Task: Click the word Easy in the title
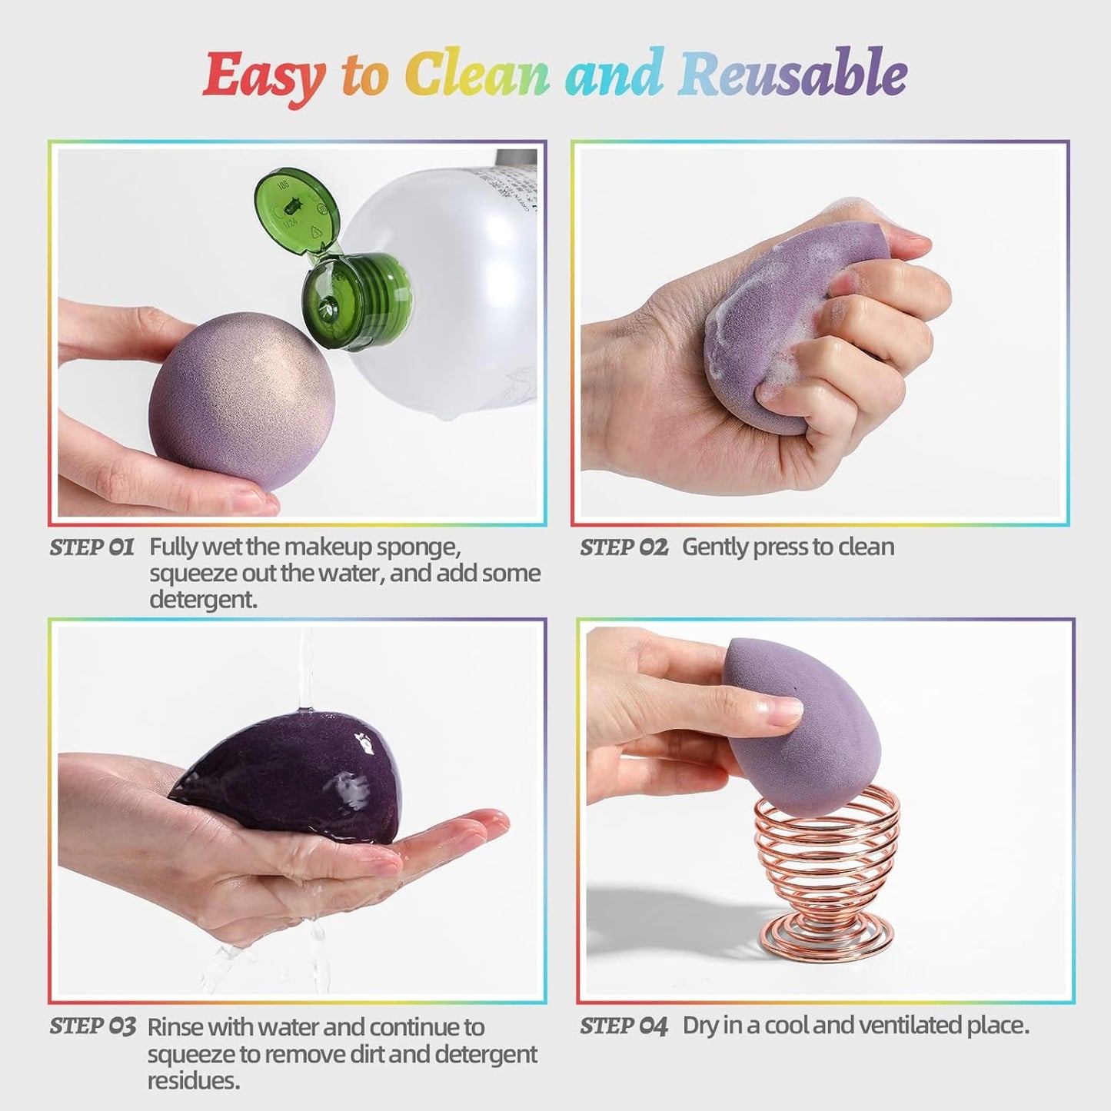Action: coord(264,76)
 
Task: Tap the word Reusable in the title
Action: coord(793,75)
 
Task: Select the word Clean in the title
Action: coord(477,75)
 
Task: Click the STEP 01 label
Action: coord(91,547)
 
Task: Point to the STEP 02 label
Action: coord(624,547)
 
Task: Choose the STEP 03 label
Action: coord(92,1026)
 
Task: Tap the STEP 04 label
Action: coord(624,1026)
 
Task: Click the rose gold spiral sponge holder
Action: coord(827,861)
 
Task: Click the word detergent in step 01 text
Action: coord(201,600)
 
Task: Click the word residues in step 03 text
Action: coord(193,1080)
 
